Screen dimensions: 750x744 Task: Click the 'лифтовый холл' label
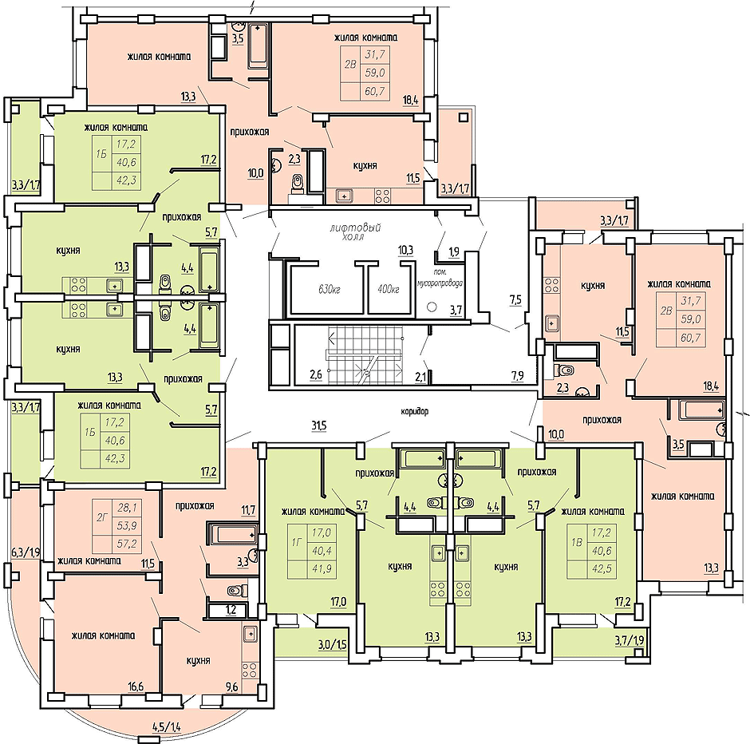[x=355, y=232]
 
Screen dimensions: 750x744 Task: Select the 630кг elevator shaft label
[x=329, y=290]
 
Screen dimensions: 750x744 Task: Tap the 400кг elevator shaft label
[x=389, y=289]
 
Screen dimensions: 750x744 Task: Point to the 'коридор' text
[x=415, y=411]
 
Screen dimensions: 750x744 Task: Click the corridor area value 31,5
[x=318, y=425]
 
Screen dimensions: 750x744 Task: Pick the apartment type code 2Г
[x=101, y=516]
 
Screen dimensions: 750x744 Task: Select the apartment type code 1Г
[x=297, y=542]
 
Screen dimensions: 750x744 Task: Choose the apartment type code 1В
[x=577, y=543]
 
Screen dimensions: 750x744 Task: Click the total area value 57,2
[x=127, y=544]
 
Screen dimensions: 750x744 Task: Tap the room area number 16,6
[x=136, y=687]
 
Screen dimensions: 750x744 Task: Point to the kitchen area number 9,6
[x=231, y=687]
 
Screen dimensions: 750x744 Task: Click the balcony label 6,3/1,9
[x=26, y=553]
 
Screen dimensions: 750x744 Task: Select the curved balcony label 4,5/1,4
[x=167, y=729]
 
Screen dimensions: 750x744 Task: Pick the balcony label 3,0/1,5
[x=332, y=644]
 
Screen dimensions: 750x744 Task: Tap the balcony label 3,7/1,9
[x=630, y=640]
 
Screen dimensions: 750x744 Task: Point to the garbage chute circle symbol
[x=432, y=307]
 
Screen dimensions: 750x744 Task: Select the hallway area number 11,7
[x=248, y=510]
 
